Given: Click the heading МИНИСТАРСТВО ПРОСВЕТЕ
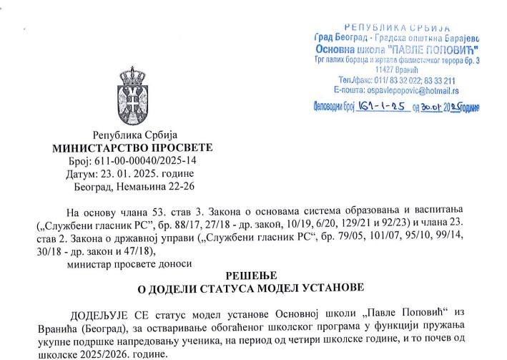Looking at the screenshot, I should [x=133, y=147].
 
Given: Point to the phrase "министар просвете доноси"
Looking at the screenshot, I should [x=129, y=263].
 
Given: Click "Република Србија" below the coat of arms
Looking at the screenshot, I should [x=134, y=135].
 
